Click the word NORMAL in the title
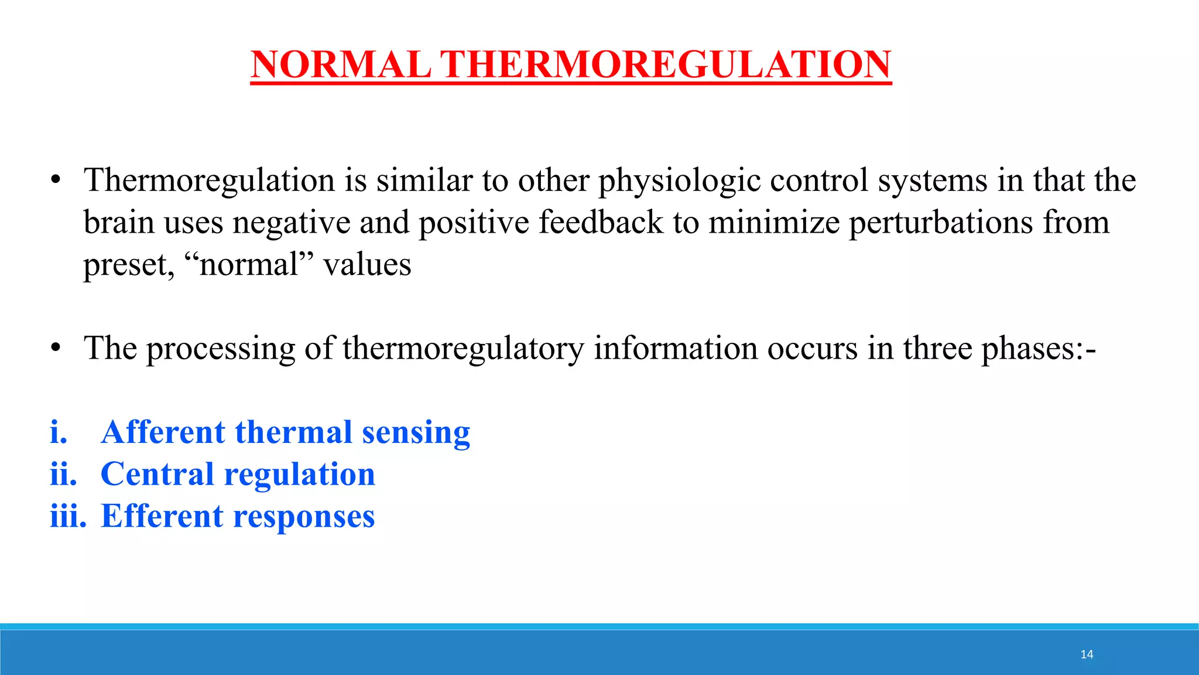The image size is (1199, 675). tap(341, 64)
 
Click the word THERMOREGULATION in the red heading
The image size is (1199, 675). tap(665, 64)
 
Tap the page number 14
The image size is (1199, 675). tap(1087, 654)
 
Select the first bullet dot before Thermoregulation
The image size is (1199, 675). tap(56, 180)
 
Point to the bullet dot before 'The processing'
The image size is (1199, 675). tap(56, 348)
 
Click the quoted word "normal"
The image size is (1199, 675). tap(249, 265)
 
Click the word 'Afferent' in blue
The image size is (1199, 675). tap(163, 432)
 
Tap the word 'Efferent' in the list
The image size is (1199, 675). tap(162, 516)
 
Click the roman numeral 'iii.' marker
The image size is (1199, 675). tap(68, 516)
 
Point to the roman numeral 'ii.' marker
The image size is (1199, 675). tap(63, 474)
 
